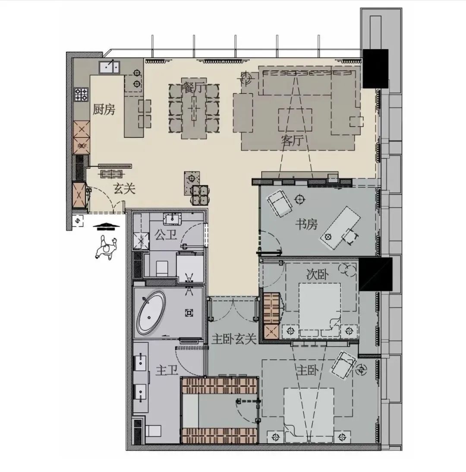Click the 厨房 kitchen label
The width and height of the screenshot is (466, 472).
(104, 110)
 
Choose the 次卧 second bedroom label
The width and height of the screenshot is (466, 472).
(317, 275)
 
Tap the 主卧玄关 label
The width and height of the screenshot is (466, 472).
(235, 339)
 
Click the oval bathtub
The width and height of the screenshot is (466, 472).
(151, 314)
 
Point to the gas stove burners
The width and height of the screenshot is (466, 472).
(82, 94)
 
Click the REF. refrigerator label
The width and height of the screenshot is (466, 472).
(82, 146)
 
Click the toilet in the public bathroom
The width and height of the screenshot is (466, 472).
(161, 268)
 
